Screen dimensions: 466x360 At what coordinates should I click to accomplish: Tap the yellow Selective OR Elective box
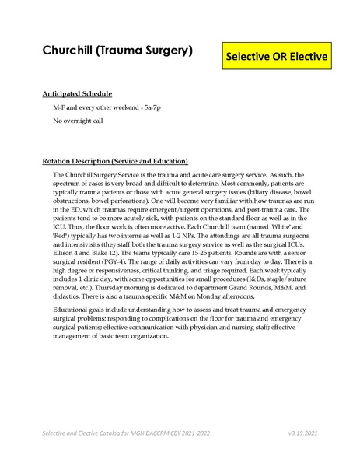(x=277, y=57)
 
